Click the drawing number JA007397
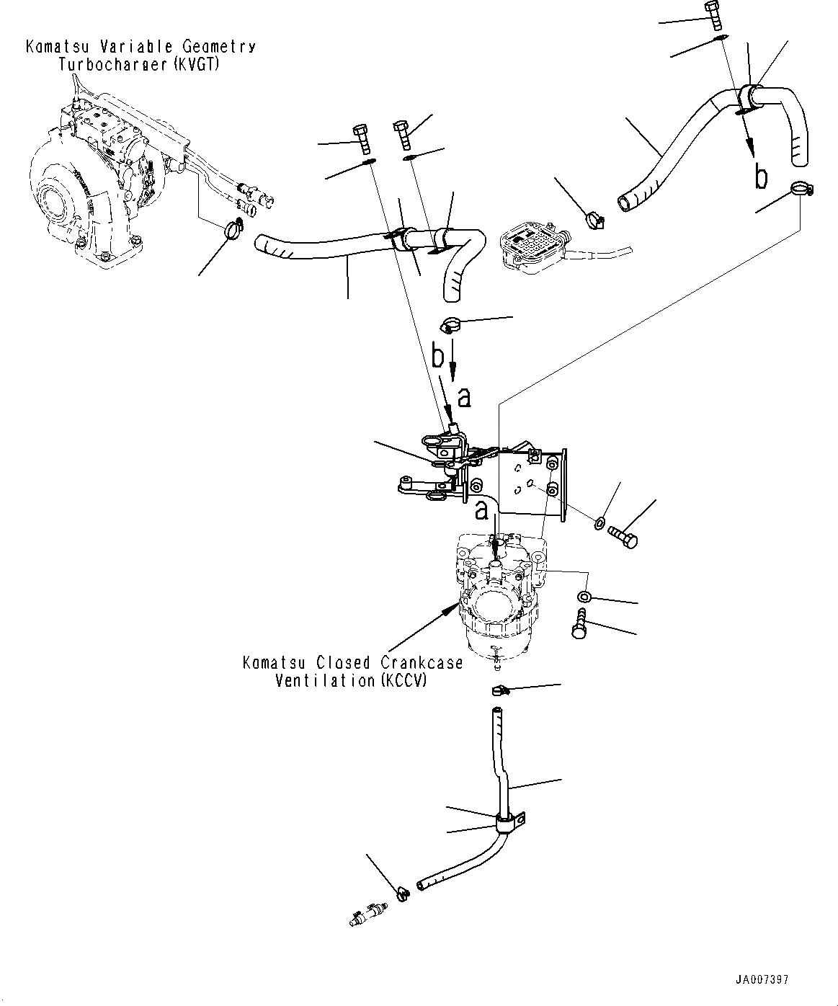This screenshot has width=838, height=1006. click(x=762, y=980)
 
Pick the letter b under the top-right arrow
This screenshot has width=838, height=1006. click(x=760, y=177)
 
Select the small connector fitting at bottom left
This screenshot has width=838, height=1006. click(x=367, y=914)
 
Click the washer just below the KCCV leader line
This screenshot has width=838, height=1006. click(x=584, y=596)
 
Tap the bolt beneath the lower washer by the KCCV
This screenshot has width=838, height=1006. click(x=580, y=622)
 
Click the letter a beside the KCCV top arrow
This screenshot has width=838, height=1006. click(x=481, y=511)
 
